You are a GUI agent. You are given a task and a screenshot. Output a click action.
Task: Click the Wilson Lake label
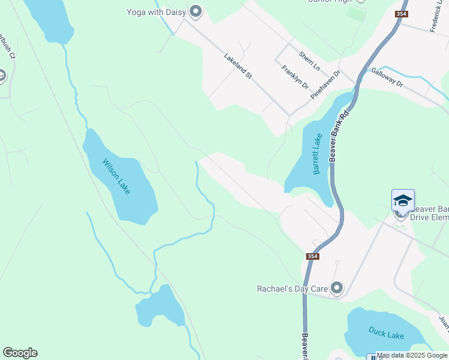click(x=116, y=176)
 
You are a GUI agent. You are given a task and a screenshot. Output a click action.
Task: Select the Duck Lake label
click(x=387, y=335)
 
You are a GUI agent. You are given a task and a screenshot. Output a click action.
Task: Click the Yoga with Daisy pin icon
click(x=195, y=11)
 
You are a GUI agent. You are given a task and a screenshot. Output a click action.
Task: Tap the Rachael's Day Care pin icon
click(x=337, y=289)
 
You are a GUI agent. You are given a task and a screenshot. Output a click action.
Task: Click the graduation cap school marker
click(x=403, y=200)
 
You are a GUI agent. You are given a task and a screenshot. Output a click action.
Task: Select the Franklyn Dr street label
click(x=295, y=77)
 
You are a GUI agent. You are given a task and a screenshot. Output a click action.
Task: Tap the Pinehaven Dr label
click(x=325, y=85)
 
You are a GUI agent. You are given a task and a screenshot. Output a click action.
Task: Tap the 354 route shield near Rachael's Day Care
click(x=312, y=256)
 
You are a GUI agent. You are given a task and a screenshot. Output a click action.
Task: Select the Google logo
click(x=20, y=353)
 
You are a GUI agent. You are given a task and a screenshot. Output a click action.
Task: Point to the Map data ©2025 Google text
click(x=412, y=355)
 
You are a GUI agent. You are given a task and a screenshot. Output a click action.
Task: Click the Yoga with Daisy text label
click(x=157, y=12)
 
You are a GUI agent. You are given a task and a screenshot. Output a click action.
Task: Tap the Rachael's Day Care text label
click(x=292, y=289)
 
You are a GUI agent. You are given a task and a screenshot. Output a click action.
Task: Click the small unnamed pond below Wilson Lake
click(x=160, y=307)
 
